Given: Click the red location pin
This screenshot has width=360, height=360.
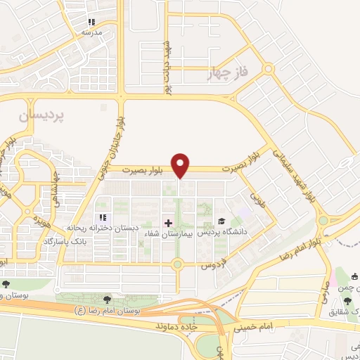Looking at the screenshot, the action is click(181, 165).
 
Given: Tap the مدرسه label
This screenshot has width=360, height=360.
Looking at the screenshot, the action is click(92, 32).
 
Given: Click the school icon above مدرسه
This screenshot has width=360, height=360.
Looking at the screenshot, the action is click(92, 22).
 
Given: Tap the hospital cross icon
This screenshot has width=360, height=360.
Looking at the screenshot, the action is click(167, 222).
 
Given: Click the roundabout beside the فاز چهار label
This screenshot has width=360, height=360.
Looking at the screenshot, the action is click(269, 69).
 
